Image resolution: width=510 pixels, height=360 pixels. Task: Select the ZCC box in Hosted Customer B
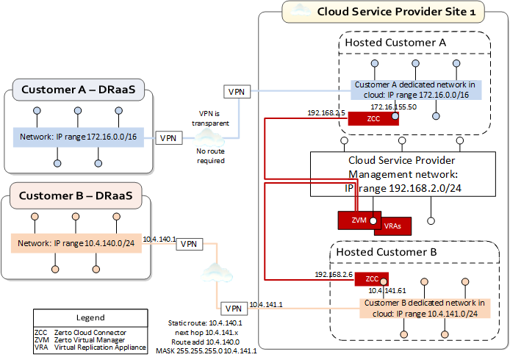373,279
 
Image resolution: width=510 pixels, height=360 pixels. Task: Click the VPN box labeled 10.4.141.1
232,308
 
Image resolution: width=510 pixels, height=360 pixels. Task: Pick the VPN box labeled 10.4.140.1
190,244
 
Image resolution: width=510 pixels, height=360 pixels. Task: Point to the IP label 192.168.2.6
330,274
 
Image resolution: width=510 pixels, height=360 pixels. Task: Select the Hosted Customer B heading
387,252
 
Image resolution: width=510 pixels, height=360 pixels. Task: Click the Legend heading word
91,318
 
